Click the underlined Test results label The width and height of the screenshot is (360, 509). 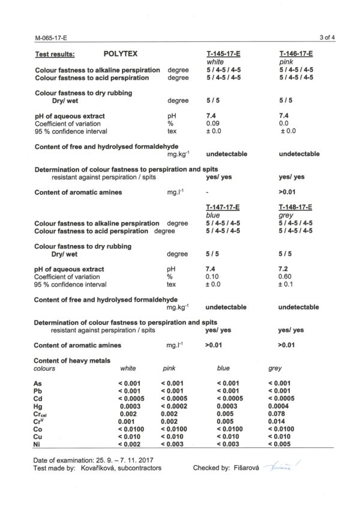[55, 53]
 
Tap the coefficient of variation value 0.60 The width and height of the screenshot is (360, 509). [286, 276]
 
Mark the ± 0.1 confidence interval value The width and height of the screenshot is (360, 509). [287, 285]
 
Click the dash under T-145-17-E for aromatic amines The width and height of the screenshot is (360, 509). [206, 192]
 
